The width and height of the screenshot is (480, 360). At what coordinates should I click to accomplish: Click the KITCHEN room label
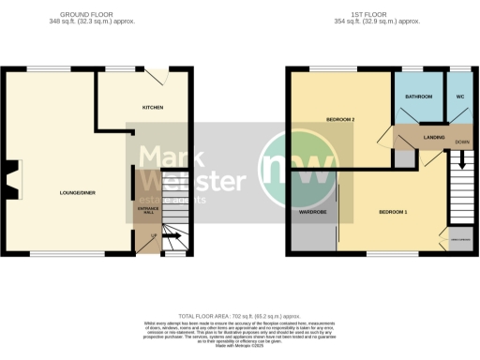(152, 108)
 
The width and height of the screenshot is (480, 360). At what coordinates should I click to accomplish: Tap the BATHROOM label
(417, 97)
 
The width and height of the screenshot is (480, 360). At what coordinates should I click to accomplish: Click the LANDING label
(434, 137)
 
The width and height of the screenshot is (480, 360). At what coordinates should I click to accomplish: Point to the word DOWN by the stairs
(461, 142)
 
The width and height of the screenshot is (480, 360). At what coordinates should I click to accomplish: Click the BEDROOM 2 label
(338, 120)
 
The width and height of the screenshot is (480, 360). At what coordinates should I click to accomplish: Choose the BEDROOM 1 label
(392, 212)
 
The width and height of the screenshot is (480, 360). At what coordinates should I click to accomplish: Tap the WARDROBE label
(312, 212)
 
